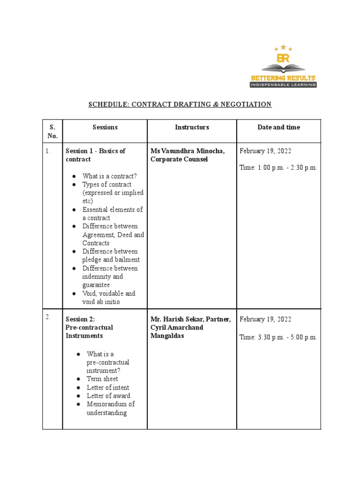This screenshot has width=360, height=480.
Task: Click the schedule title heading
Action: tap(180, 104)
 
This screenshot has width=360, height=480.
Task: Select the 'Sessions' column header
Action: tap(105, 127)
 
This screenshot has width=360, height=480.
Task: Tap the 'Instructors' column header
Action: tap(192, 127)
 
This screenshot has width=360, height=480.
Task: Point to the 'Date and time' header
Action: tap(278, 127)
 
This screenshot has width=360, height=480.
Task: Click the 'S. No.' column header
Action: tap(52, 131)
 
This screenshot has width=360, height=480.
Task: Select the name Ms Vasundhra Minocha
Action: tap(187, 151)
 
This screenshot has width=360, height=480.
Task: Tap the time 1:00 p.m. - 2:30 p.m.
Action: tap(278, 168)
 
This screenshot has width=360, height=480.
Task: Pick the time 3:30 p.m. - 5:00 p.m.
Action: tap(278, 337)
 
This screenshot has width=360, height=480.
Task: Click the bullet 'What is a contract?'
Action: tap(109, 176)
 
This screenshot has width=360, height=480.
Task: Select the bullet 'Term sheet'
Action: tap(102, 379)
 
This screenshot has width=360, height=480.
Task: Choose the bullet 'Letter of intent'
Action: tap(108, 388)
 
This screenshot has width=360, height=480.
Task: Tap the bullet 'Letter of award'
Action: tap(108, 396)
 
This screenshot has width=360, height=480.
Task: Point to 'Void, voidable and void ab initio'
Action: tap(109, 298)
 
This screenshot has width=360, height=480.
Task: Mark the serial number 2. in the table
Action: tap(48, 317)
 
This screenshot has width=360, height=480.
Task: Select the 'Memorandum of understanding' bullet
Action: tap(110, 408)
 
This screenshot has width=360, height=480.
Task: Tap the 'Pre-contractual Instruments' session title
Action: tap(89, 331)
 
